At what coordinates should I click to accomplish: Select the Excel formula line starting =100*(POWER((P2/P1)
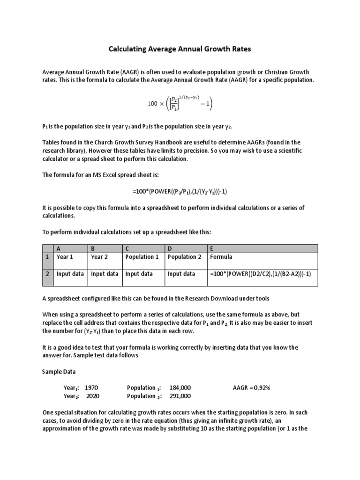[180, 192]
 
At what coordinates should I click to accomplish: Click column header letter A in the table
[59, 248]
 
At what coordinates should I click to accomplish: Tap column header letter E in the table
[212, 248]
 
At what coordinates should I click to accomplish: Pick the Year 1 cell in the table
[65, 257]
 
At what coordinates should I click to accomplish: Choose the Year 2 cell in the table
[99, 257]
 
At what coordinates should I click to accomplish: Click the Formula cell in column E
[221, 257]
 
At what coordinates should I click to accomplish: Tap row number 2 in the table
[47, 274]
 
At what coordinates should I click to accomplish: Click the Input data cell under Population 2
[181, 274]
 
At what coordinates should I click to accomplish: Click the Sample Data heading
[59, 371]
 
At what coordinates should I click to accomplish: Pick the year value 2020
[92, 396]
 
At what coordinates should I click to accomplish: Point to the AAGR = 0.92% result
[251, 388]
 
